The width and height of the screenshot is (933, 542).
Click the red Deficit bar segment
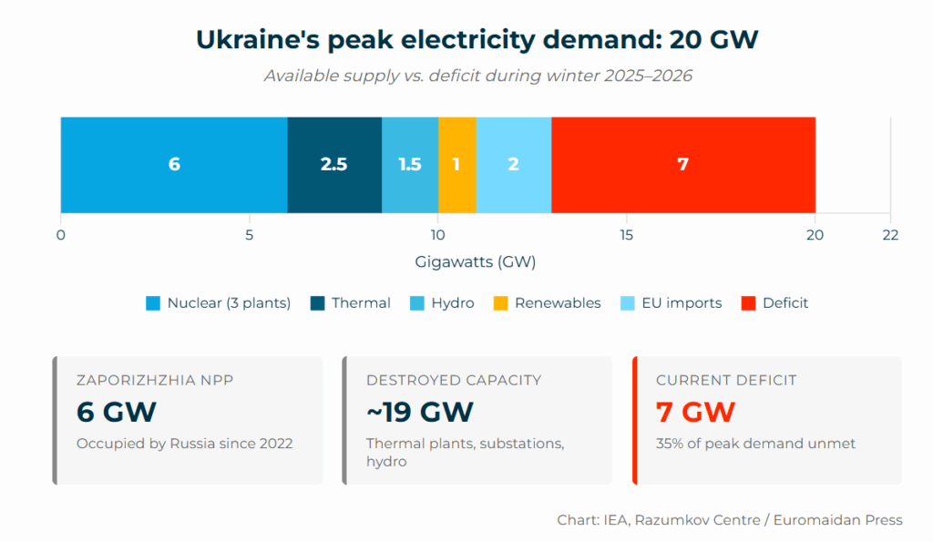[x=682, y=165]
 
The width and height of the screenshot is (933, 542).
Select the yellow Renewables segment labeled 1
[x=456, y=165]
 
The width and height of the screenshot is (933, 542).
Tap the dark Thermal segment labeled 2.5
[x=334, y=165]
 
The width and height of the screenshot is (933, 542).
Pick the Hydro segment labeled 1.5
[x=410, y=165]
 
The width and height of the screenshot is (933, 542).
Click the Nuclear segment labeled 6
[x=174, y=165]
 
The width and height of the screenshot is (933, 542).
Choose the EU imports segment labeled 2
[x=513, y=165]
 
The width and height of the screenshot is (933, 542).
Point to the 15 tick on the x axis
[x=626, y=235]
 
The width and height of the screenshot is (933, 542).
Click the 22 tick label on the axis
[x=889, y=235]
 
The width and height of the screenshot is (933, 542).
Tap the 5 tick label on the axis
[x=249, y=235]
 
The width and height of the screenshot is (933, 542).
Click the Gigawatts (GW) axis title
[x=475, y=262]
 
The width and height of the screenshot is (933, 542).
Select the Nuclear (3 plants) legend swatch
[x=153, y=303]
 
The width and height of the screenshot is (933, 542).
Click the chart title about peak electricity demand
[x=477, y=40]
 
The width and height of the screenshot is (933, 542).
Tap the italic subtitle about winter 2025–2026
[x=477, y=76]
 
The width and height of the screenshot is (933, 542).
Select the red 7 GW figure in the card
[x=694, y=412]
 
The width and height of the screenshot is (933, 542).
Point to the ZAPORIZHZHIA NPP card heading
[x=155, y=380]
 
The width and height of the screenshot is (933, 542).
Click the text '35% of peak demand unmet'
[x=755, y=445]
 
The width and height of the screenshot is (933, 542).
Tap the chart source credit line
[x=729, y=520]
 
